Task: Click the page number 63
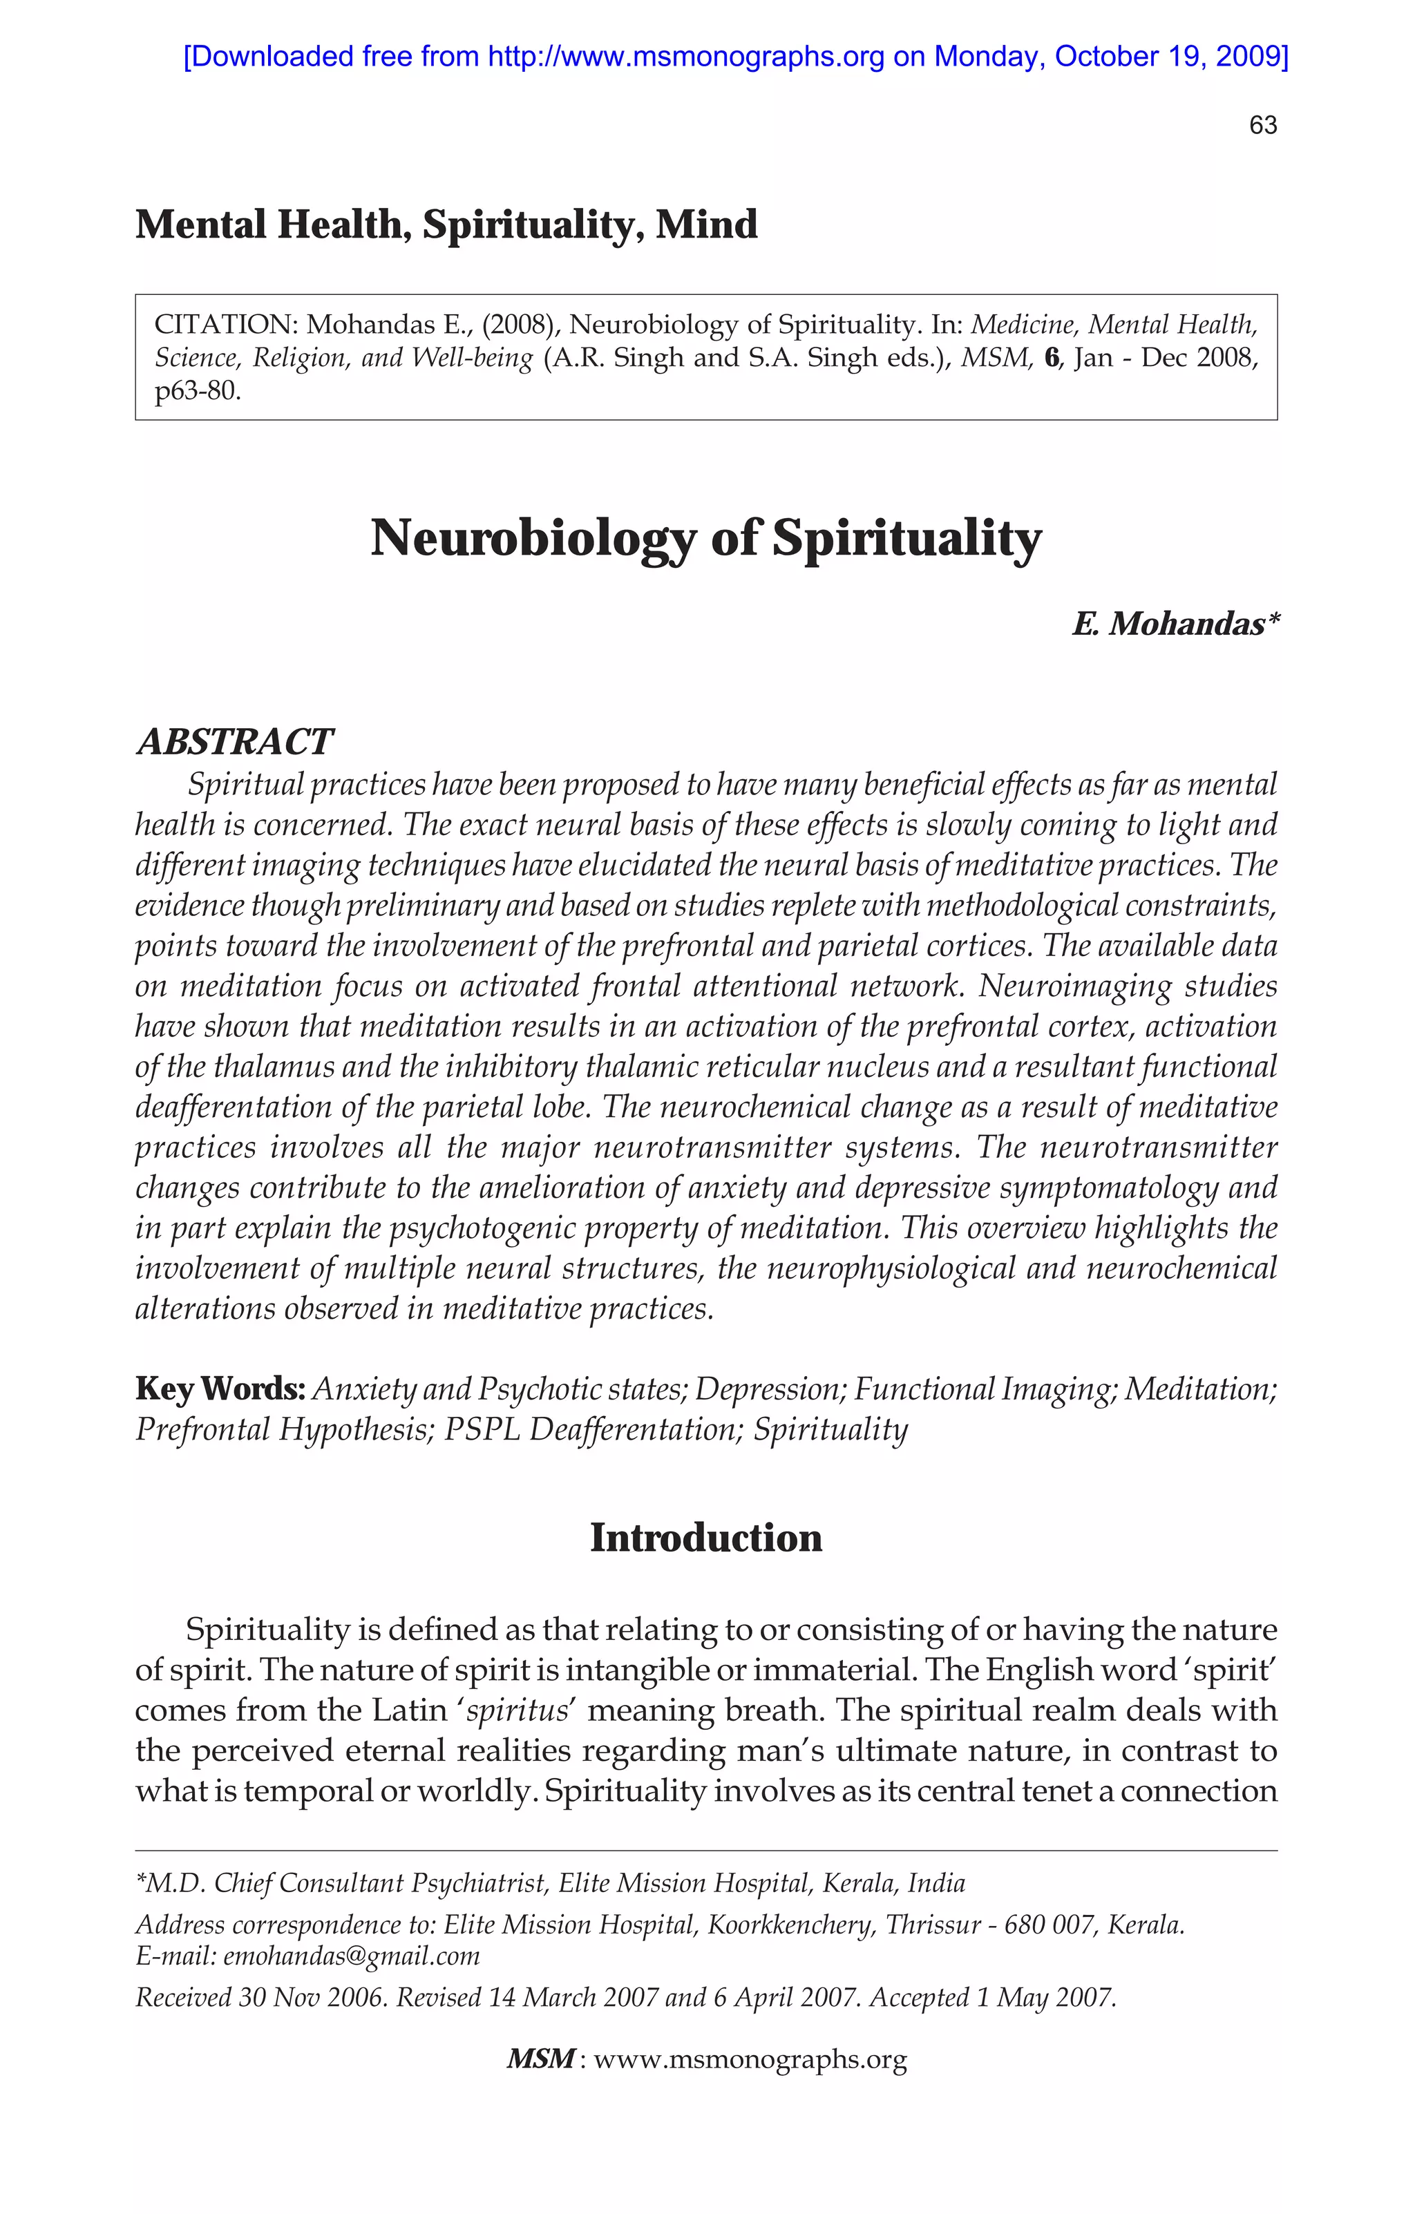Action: [1262, 126]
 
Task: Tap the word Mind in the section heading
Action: [706, 225]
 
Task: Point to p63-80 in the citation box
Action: [197, 392]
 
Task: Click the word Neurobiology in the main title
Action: [532, 539]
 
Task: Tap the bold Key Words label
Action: [220, 1388]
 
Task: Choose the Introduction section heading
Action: [705, 1538]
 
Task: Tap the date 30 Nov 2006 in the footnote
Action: [312, 1998]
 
